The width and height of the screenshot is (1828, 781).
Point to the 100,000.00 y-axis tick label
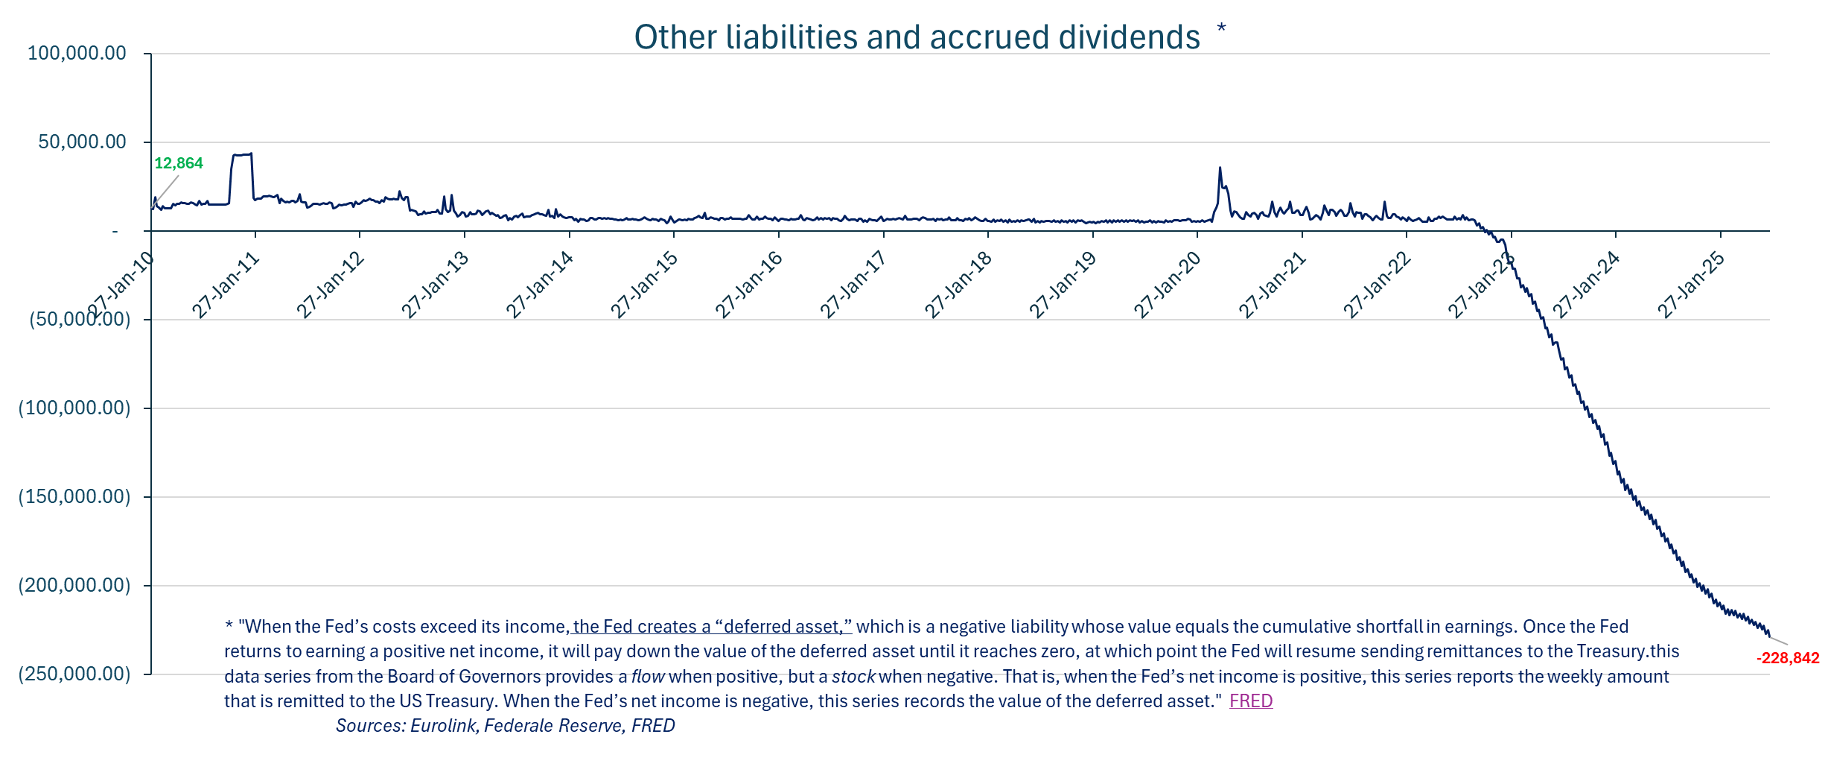77,53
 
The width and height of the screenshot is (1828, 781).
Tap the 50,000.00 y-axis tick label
82,142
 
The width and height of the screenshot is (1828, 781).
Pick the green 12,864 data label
179,163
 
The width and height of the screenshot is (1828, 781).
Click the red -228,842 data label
1787,658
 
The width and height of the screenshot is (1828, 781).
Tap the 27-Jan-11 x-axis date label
225,285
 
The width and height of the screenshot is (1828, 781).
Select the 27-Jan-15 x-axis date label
644,285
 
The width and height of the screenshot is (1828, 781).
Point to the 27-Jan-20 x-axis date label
1168,285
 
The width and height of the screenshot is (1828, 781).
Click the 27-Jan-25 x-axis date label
1691,285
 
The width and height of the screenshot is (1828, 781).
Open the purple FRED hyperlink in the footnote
1251,701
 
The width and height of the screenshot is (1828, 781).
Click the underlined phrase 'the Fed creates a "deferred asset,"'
712,627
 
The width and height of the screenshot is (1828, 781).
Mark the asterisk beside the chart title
1221,29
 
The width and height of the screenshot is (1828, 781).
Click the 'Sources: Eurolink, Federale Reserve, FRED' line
505,726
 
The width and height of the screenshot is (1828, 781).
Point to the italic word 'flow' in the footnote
648,677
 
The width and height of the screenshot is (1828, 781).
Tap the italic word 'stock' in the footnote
853,677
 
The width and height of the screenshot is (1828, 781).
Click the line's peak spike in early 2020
1220,168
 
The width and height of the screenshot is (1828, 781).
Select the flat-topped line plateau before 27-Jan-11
242,155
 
